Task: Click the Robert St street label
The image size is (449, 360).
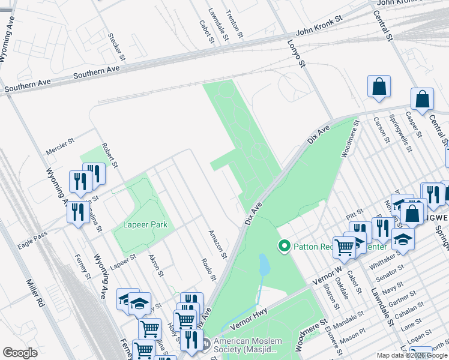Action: click(x=110, y=155)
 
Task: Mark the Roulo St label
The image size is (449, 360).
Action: click(x=208, y=269)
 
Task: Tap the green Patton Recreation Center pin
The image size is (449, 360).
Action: click(x=283, y=246)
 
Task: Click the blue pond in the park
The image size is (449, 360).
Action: click(x=264, y=265)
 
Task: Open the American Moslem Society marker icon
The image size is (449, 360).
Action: click(x=206, y=344)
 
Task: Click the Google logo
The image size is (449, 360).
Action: click(x=20, y=353)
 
